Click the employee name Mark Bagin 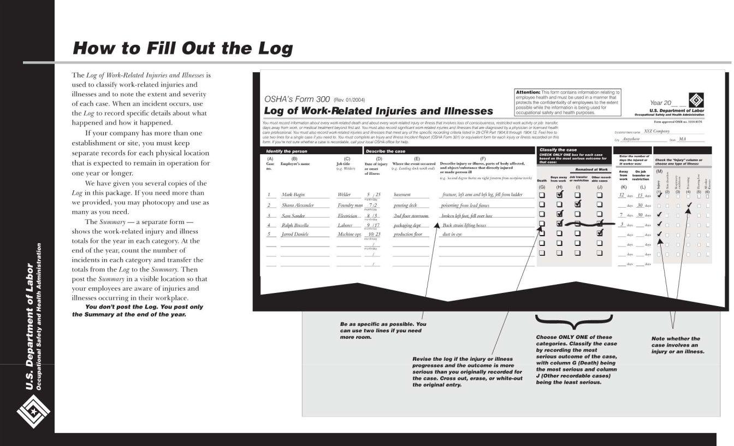click(x=293, y=195)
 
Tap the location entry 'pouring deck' click(x=405, y=205)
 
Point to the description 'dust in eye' click(x=453, y=234)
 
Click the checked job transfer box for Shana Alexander click(x=578, y=204)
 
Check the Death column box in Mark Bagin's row click(x=542, y=195)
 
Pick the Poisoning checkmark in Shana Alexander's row click(x=689, y=206)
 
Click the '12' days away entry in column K click(x=621, y=195)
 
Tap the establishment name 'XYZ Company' click(x=656, y=131)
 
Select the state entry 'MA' click(x=682, y=139)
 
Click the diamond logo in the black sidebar click(x=33, y=410)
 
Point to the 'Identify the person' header click(x=287, y=151)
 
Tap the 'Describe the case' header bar click(x=386, y=151)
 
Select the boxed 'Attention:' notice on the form click(x=567, y=102)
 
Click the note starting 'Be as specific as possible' click(x=383, y=330)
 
